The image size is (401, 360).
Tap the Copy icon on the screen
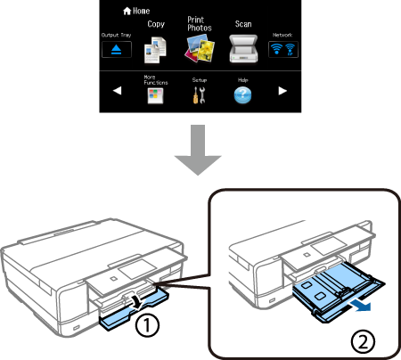(x=155, y=50)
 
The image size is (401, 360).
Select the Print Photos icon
(x=200, y=48)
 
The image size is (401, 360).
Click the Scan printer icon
(x=243, y=49)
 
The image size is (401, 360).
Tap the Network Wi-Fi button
(x=283, y=49)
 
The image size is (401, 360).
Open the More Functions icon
(x=155, y=96)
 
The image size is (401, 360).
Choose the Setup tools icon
(x=199, y=95)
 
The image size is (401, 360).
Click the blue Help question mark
(x=242, y=95)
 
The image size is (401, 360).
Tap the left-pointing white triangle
(x=118, y=91)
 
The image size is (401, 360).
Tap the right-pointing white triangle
(x=282, y=91)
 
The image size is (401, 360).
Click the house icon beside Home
(x=127, y=12)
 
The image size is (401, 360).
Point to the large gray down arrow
(x=198, y=150)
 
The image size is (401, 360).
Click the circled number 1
(x=147, y=326)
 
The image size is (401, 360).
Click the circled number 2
(x=363, y=341)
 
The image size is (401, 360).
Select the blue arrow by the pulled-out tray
(x=360, y=306)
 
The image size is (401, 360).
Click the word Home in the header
(x=141, y=11)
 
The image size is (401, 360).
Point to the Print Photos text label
(x=200, y=24)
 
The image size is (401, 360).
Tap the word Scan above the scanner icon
(x=243, y=24)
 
